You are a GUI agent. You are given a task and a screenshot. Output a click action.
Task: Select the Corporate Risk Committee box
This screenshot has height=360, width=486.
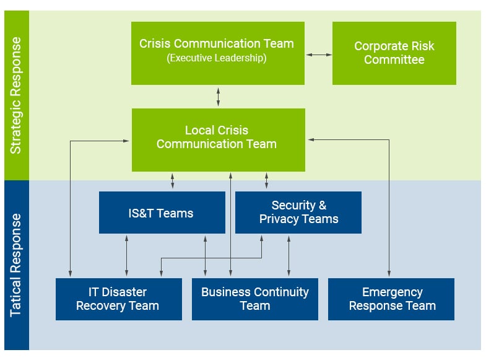pyautogui.click(x=394, y=53)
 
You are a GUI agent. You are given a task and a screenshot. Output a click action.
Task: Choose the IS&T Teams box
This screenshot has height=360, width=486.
pyautogui.click(x=162, y=213)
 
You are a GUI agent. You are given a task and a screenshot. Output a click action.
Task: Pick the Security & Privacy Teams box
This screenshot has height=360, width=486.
pyautogui.click(x=298, y=212)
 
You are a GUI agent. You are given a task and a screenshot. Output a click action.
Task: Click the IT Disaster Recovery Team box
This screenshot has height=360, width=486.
pyautogui.click(x=118, y=299)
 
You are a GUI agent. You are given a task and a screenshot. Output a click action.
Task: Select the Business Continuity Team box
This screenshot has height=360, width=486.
pyautogui.click(x=254, y=299)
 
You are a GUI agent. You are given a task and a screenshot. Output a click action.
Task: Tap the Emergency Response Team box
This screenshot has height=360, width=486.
pyautogui.click(x=391, y=299)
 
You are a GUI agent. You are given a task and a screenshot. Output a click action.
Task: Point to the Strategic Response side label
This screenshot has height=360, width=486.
pyautogui.click(x=16, y=95)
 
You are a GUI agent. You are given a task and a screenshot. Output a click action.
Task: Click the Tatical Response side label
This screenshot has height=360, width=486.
pyautogui.click(x=16, y=265)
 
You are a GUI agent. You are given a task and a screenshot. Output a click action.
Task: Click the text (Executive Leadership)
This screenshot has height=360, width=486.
pyautogui.click(x=217, y=58)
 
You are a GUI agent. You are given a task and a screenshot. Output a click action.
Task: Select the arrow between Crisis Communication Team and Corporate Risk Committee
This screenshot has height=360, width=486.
pyautogui.click(x=319, y=55)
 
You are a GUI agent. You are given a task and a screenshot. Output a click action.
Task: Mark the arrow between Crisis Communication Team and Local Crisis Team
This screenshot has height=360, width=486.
pyautogui.click(x=218, y=97)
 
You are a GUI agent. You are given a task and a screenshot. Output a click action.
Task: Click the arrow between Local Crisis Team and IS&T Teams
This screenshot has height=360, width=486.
pyautogui.click(x=173, y=181)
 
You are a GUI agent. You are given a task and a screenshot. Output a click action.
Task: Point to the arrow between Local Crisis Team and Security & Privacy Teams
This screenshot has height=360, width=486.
pyautogui.click(x=267, y=181)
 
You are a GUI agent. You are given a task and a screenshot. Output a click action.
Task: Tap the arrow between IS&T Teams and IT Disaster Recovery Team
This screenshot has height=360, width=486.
pyautogui.click(x=127, y=255)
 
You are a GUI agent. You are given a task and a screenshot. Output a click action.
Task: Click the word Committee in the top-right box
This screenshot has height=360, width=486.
pyautogui.click(x=394, y=60)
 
